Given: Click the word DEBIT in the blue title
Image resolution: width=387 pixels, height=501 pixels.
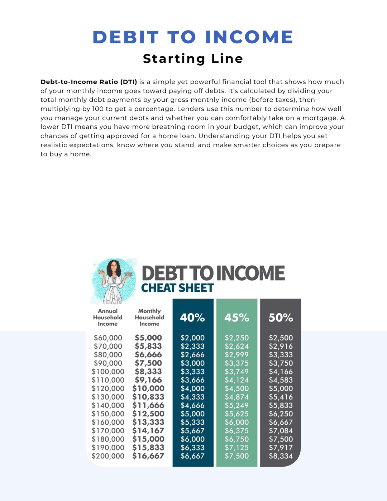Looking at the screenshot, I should click(x=125, y=37).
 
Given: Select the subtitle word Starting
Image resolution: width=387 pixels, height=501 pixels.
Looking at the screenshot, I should click(x=174, y=58).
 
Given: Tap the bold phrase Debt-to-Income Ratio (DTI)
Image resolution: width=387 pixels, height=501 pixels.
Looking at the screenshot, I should click(x=89, y=82).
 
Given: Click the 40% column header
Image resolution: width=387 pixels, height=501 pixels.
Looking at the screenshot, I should click(x=192, y=318).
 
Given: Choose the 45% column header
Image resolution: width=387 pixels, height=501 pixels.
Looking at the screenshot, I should click(x=236, y=318).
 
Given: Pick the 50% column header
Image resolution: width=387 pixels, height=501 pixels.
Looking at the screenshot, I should click(x=281, y=318).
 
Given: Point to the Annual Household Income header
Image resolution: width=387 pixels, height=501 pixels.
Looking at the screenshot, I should click(x=107, y=318).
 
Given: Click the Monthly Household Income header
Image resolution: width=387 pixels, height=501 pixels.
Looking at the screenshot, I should click(x=149, y=318).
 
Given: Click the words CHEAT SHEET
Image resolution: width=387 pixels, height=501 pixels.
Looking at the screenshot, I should click(x=177, y=288).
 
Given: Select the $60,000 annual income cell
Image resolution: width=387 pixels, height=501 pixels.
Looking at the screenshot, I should click(x=108, y=338).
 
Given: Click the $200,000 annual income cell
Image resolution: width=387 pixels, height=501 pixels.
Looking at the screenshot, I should click(x=108, y=456).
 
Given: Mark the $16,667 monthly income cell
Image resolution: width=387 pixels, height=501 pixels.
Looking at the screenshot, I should click(x=148, y=456).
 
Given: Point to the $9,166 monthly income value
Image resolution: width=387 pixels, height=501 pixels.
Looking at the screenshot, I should click(x=148, y=380).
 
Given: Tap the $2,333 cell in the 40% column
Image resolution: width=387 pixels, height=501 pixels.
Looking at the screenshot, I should click(x=192, y=347).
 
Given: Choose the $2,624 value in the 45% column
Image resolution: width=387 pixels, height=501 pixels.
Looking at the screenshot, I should click(x=236, y=347).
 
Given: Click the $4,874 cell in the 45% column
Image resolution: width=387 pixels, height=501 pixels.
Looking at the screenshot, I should click(x=236, y=397).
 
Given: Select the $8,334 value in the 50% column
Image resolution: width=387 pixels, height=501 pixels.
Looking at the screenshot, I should click(x=281, y=456).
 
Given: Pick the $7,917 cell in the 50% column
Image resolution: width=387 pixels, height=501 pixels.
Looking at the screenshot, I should click(x=281, y=448).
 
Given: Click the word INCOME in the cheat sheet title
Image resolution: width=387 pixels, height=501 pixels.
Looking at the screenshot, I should click(x=250, y=273).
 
